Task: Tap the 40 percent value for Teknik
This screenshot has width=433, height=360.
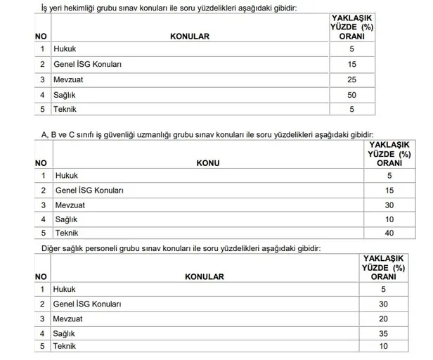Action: point(389,233)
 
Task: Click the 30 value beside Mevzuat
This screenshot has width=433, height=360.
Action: point(389,205)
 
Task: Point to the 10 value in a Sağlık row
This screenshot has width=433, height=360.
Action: point(389,219)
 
